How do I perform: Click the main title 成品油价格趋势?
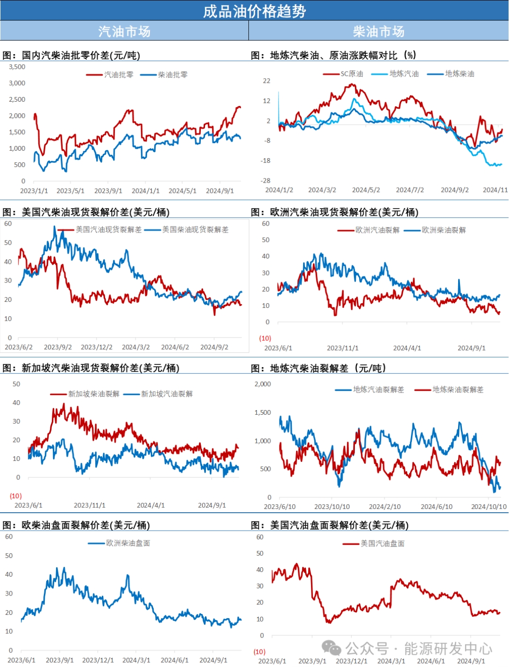pos(254,11)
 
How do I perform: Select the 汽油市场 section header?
pos(124,31)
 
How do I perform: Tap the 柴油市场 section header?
pos(378,31)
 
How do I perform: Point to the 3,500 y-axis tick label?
pos(17,67)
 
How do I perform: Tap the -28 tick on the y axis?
pos(266,180)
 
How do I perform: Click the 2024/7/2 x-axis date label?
pos(410,190)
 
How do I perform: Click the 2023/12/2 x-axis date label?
pos(97,347)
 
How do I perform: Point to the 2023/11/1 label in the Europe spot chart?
pos(343,348)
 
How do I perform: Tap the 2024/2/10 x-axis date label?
pos(385,507)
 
